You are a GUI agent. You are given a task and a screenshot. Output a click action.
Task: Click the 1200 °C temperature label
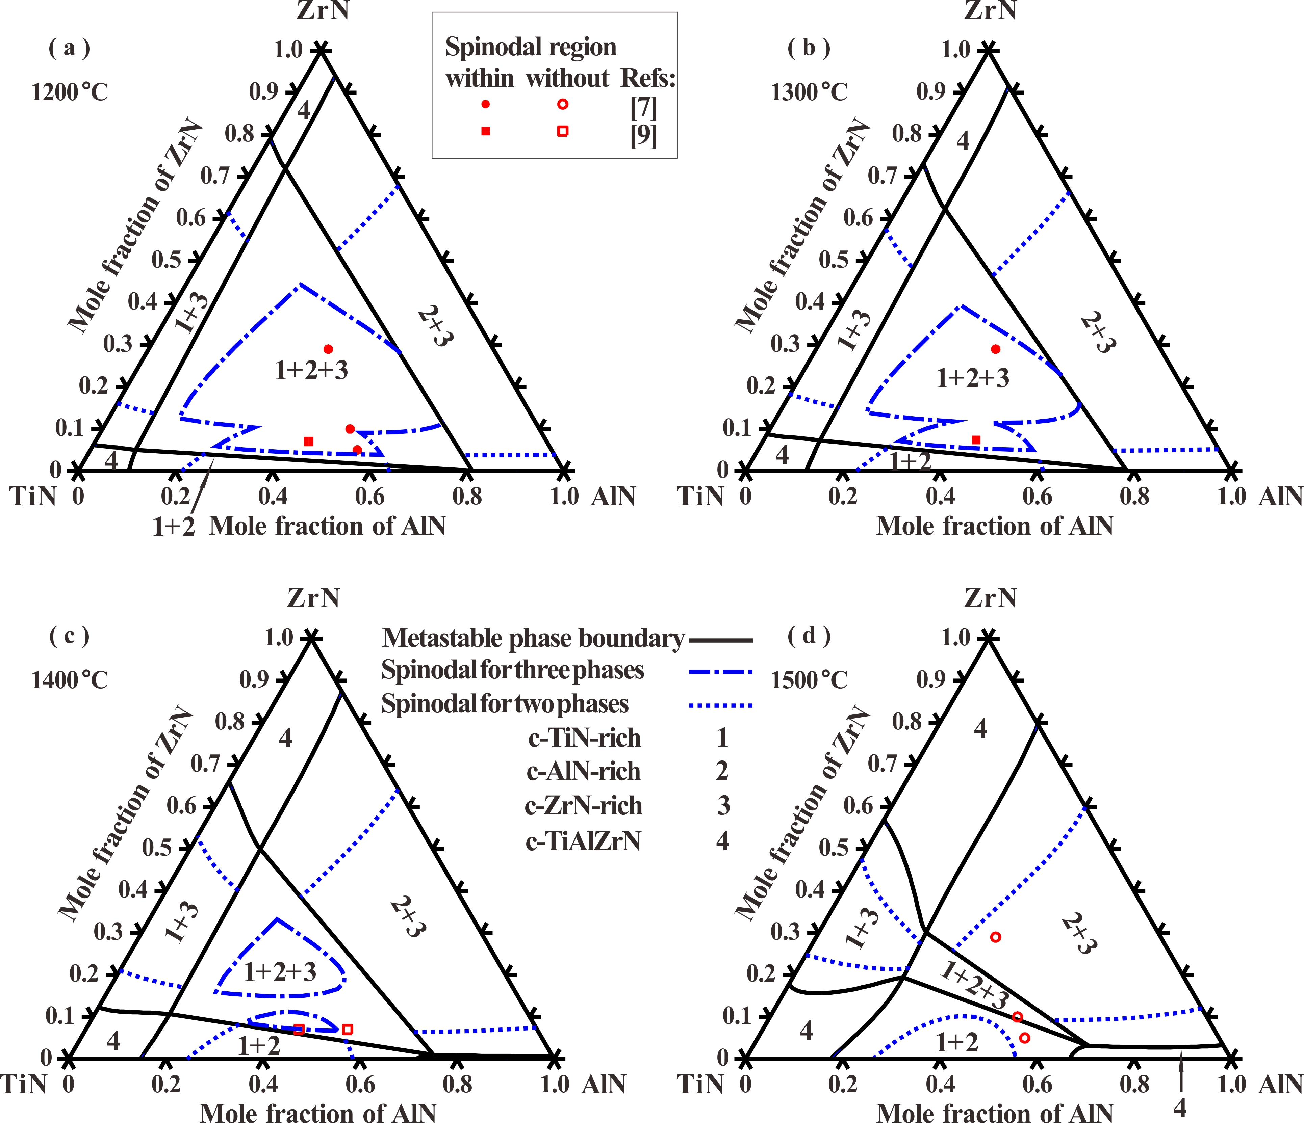click(x=70, y=92)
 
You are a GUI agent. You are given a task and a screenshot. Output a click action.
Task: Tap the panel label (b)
click(x=809, y=49)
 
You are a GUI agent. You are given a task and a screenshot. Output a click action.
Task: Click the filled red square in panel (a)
click(x=308, y=442)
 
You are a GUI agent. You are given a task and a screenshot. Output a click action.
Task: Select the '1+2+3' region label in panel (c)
click(x=280, y=972)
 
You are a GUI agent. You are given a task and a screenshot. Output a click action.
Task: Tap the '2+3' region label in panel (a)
click(x=435, y=326)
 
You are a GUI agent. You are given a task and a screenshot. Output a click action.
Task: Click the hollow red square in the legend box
click(x=563, y=131)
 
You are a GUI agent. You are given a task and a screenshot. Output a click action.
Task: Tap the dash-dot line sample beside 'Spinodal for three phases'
click(x=721, y=672)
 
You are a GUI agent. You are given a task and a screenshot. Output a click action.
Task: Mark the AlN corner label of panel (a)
click(x=613, y=497)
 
